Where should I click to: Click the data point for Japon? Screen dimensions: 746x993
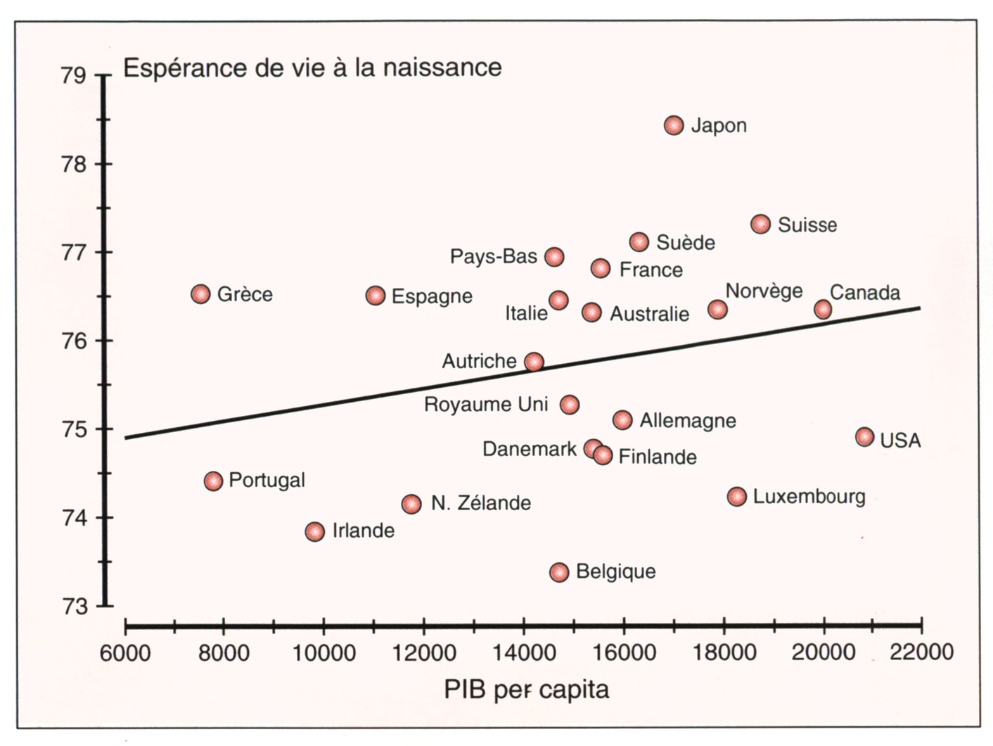click(x=674, y=125)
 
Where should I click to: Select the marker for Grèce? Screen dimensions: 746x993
click(x=200, y=293)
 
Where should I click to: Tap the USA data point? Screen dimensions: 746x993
click(x=864, y=437)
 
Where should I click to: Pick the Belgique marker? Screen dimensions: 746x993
click(x=559, y=572)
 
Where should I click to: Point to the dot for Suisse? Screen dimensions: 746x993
click(x=760, y=224)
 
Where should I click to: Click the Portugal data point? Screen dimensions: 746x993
click(x=213, y=481)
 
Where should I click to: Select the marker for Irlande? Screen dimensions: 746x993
click(x=315, y=531)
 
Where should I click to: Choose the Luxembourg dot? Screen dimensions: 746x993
click(x=736, y=496)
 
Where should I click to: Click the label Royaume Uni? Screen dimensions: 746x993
click(x=485, y=405)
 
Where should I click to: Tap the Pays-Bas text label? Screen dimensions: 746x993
click(x=493, y=256)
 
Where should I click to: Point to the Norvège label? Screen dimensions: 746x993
click(x=764, y=291)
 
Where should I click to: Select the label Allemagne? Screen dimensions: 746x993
click(x=688, y=421)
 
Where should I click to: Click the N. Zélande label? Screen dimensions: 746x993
click(x=480, y=503)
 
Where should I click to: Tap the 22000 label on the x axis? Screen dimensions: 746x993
click(x=921, y=652)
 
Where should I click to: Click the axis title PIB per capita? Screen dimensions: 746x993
click(x=526, y=690)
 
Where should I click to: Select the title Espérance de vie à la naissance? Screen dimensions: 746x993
click(x=312, y=68)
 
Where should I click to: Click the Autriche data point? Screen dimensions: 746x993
click(x=534, y=362)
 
